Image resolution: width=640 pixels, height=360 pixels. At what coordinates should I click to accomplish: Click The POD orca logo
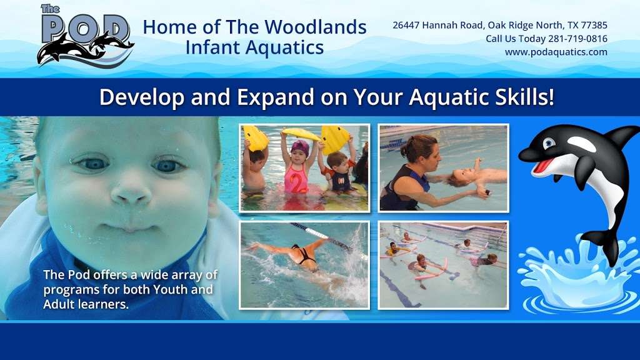[x=85, y=36]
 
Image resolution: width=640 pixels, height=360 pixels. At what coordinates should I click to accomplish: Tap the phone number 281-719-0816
[x=577, y=39]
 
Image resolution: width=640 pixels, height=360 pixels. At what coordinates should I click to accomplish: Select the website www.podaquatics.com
[x=556, y=52]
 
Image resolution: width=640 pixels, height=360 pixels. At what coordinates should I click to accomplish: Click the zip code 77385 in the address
[x=594, y=25]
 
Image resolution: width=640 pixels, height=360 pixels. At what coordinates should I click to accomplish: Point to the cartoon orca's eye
[x=549, y=143]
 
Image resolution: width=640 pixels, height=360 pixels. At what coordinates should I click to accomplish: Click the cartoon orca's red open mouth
[x=544, y=165]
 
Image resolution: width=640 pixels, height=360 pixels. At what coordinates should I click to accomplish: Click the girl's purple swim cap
[x=300, y=147]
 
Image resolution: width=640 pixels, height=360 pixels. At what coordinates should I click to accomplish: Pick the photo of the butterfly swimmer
[x=304, y=265]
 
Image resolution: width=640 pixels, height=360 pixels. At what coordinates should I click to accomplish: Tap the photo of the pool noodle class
[x=443, y=265]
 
